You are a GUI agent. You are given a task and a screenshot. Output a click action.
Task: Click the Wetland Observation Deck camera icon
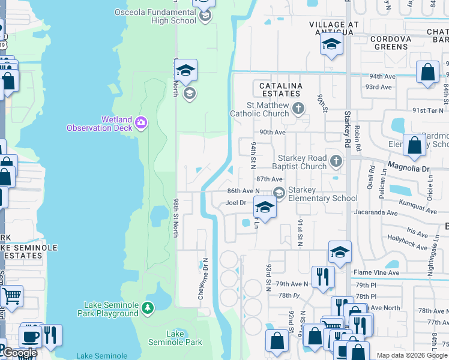140,123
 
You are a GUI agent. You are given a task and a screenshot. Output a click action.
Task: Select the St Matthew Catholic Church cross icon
299,109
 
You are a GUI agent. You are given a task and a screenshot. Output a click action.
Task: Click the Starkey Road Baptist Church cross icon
336,161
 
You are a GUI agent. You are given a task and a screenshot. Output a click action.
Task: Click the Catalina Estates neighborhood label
280,90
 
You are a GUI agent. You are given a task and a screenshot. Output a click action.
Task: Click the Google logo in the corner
20,353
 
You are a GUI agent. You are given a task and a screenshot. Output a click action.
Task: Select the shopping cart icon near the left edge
11,296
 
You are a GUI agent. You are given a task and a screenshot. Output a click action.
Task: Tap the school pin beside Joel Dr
264,208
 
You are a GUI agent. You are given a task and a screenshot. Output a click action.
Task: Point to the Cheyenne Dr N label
204,273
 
